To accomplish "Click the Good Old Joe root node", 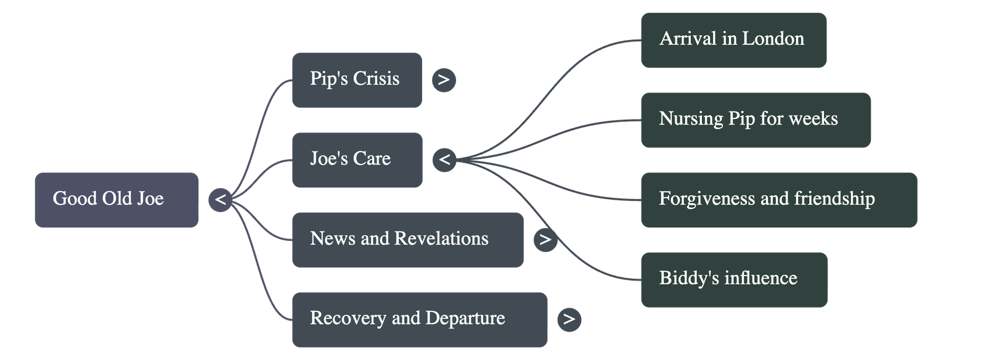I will pos(116,200).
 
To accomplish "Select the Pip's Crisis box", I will pos(357,80).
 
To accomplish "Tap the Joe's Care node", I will pos(357,160).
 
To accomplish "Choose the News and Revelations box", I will pos(407,239).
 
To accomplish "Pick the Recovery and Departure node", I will pos(419,319).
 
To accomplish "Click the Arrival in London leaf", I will pos(733,40).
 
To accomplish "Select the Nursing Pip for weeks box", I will pos(756,120).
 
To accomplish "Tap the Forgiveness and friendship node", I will pos(779,199).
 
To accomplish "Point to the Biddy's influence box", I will pos(734,279).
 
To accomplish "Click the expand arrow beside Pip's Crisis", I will pos(444,80).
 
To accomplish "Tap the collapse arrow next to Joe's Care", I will pos(444,160).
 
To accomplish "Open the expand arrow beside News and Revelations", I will pos(545,239).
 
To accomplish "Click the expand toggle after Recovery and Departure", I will pos(569,319).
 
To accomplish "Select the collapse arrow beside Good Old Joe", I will pos(220,200).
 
